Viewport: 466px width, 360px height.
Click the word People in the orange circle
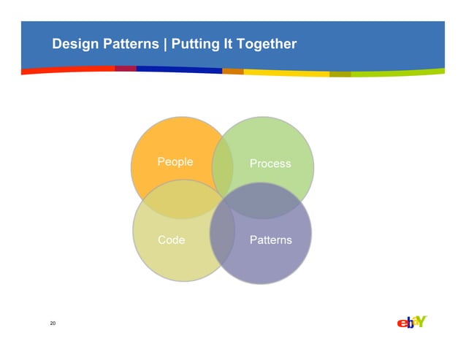[x=175, y=161]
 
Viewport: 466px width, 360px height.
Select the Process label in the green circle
[x=270, y=164]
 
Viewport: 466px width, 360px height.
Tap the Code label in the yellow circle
[x=171, y=240]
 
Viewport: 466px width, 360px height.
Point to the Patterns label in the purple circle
[x=270, y=240]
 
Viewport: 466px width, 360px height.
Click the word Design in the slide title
[x=74, y=45]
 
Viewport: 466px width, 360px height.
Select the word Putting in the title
[x=195, y=45]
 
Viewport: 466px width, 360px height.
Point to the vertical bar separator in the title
[x=166, y=45]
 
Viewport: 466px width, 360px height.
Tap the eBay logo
[x=411, y=322]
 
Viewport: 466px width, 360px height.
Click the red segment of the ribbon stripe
[x=66, y=70]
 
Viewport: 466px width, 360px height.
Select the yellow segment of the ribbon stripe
[x=285, y=73]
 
